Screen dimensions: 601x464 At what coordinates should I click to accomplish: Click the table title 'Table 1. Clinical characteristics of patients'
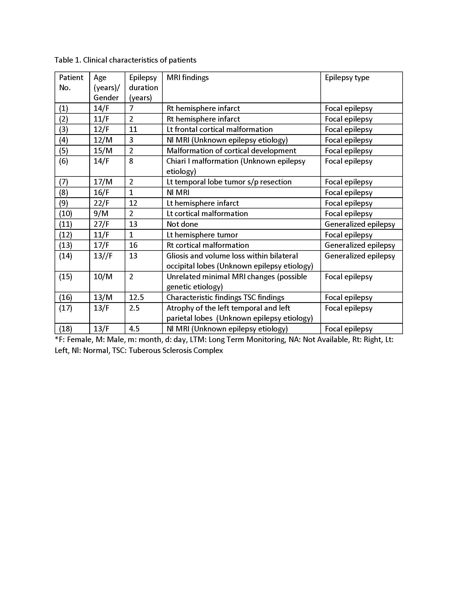coord(125,60)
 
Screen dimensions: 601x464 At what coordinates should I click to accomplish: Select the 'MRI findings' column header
coord(188,78)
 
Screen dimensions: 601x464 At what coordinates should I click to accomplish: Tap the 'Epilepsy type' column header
coord(347,78)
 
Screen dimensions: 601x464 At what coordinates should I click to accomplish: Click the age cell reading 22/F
coord(101,203)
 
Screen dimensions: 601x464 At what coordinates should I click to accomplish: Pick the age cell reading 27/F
coord(101,224)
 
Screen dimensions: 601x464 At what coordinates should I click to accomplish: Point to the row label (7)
coord(64,182)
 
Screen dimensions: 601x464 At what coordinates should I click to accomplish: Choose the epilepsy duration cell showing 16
coord(133,245)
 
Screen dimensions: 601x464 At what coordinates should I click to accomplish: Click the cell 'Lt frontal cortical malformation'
coord(219,129)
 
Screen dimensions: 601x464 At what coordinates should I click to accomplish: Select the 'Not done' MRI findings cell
coord(182,224)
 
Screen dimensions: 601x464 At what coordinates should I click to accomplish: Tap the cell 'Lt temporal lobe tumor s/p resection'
coord(229,182)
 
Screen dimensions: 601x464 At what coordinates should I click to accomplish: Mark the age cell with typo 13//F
coord(103,256)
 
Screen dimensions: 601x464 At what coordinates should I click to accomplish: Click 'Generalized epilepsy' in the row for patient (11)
coord(360,224)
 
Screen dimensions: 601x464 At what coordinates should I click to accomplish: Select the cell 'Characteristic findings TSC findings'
coord(225,297)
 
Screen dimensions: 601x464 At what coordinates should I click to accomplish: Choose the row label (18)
coord(66,329)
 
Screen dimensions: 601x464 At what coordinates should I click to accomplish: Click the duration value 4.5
coord(134,329)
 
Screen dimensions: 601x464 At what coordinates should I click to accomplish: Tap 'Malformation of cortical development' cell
coord(231,151)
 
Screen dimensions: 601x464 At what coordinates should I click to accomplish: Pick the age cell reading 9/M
coord(101,214)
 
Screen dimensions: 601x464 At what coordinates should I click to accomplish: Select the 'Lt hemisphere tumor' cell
coord(202,235)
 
